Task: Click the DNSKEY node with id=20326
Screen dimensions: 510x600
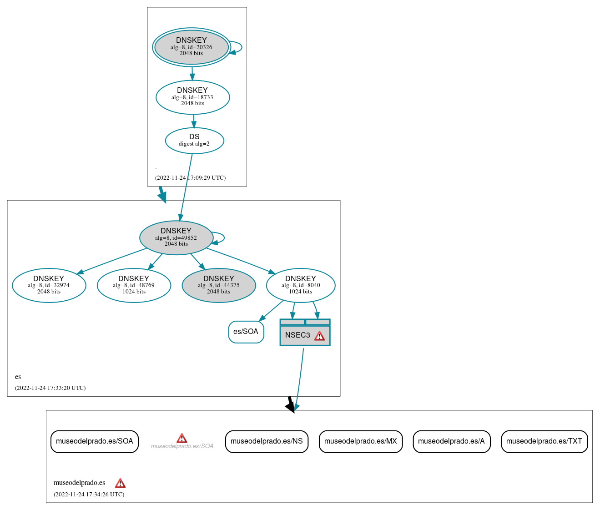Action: (191, 47)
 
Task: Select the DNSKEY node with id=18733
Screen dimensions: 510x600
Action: (192, 97)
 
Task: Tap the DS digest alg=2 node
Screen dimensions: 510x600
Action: (194, 141)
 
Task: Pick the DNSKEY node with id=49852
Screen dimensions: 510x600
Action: (176, 237)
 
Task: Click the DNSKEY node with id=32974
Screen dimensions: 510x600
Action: (49, 285)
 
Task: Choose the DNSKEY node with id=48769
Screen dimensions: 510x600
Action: (134, 285)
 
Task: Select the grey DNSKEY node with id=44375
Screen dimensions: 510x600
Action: (219, 285)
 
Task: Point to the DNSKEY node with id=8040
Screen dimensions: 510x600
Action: (301, 285)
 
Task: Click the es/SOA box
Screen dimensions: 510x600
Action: (246, 332)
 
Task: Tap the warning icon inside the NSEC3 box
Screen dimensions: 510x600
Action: (320, 336)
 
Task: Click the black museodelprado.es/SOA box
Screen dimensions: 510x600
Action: (94, 441)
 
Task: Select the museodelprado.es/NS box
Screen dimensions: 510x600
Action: (267, 441)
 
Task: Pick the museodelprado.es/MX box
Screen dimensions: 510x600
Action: (361, 441)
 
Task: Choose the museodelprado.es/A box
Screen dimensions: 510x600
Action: (451, 441)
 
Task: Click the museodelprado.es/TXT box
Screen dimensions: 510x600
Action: (544, 441)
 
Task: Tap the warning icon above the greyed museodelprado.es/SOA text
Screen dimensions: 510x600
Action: (182, 438)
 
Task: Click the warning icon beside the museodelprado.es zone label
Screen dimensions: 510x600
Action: (120, 483)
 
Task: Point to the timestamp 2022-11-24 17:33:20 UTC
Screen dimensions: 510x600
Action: (50, 388)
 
